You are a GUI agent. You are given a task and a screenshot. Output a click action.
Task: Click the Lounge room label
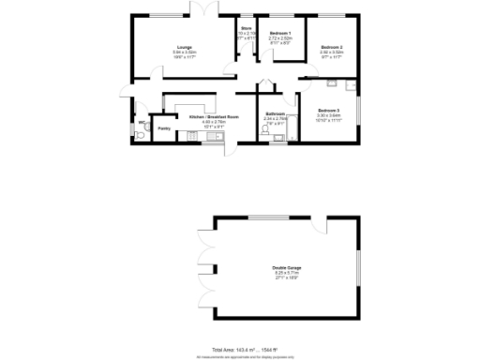[183, 46]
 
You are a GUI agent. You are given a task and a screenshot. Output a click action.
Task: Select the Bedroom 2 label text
[332, 47]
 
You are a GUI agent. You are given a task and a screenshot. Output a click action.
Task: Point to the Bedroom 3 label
[327, 110]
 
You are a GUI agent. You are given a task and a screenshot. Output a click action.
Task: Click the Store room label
[246, 29]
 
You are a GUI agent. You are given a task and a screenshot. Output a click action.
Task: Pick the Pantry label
[164, 127]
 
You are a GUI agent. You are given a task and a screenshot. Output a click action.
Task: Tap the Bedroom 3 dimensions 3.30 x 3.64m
[327, 115]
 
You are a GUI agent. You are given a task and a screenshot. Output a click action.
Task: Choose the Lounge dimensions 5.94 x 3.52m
[183, 52]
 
